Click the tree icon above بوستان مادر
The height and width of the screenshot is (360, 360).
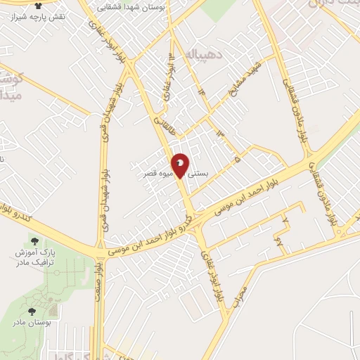pos(32,310)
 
